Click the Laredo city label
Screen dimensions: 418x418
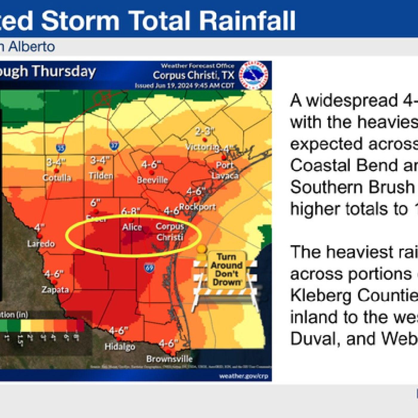point(41,244)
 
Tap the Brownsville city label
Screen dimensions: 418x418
point(169,359)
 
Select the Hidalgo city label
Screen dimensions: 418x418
point(120,347)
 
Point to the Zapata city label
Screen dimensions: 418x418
point(55,290)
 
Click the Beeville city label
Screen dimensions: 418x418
point(152,180)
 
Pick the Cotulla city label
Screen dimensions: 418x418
point(57,178)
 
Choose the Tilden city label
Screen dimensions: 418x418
point(101,176)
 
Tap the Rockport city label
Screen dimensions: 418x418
point(197,207)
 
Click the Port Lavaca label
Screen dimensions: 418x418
point(225,170)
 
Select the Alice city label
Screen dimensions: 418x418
point(132,227)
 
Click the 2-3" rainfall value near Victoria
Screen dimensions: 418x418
point(205,131)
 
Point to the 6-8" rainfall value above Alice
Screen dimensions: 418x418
point(130,211)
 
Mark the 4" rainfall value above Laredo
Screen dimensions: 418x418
point(39,228)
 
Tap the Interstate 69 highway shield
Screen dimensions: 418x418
point(149,267)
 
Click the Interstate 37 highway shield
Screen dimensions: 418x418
point(114,145)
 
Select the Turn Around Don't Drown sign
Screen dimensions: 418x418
point(226,270)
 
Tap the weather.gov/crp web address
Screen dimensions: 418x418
point(243,376)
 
